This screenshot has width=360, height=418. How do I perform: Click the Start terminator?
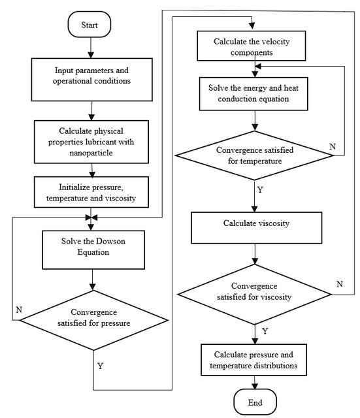[x=90, y=25]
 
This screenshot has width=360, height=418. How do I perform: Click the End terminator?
[x=255, y=402]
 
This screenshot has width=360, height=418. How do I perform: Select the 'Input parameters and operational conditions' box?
[x=91, y=80]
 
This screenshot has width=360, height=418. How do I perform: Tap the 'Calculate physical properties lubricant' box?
[x=91, y=142]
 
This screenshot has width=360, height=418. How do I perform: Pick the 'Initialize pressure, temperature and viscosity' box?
[x=91, y=192]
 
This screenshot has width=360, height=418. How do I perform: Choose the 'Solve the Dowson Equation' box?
[x=93, y=249]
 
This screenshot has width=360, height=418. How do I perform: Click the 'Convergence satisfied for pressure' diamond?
[x=94, y=320]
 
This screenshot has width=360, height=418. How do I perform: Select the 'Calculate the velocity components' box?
[x=251, y=46]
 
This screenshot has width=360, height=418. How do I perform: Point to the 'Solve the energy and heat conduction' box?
[x=254, y=94]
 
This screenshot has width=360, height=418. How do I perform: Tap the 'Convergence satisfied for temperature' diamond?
[x=254, y=155]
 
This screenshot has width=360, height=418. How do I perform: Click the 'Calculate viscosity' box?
[x=257, y=228]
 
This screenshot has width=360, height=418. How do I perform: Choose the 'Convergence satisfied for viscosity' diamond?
[x=254, y=295]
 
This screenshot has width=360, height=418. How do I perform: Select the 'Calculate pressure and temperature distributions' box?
[x=254, y=360]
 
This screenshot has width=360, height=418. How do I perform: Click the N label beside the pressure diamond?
[x=19, y=310]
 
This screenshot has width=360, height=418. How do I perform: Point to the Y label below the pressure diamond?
[x=100, y=366]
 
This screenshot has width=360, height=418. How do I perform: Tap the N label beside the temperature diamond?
[x=333, y=146]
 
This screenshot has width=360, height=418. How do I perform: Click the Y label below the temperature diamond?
[x=260, y=190]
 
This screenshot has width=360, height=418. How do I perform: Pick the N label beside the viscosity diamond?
[x=340, y=284]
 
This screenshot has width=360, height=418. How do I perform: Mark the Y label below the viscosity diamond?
[x=265, y=331]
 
